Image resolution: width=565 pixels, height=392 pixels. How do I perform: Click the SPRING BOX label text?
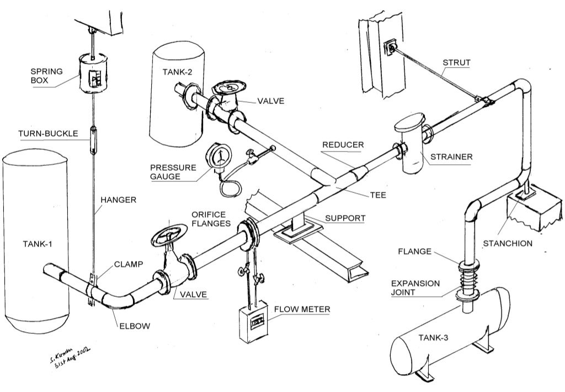(46, 76)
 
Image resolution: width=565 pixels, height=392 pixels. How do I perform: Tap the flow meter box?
(253, 319)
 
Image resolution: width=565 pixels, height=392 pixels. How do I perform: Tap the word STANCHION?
(508, 243)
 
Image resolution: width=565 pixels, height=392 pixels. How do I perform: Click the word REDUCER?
(343, 145)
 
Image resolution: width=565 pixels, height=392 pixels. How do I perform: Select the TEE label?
(377, 195)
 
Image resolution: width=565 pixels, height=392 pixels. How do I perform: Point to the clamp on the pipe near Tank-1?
(93, 286)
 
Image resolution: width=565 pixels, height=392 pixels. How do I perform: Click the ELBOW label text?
(135, 326)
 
